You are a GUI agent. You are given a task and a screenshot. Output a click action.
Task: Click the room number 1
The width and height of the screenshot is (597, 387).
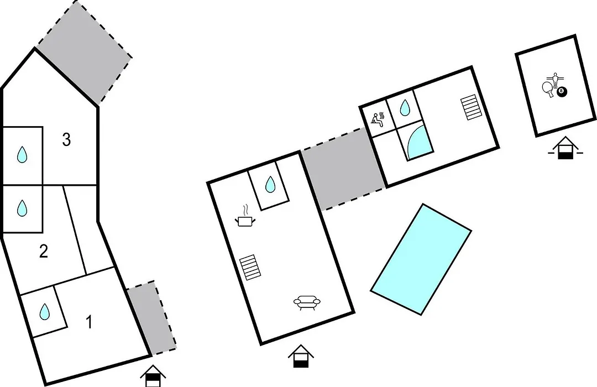click(x=89, y=322)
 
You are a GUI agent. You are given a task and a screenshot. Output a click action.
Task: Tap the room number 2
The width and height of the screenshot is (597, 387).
click(x=44, y=252)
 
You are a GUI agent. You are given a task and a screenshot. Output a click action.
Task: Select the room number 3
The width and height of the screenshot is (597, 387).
click(x=66, y=140)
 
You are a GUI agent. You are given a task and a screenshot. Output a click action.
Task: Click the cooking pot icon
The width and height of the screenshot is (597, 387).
click(x=245, y=217)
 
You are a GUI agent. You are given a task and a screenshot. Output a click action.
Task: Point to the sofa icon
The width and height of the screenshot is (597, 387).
click(x=307, y=302)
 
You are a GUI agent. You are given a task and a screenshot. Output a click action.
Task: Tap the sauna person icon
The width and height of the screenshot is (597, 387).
click(x=378, y=119)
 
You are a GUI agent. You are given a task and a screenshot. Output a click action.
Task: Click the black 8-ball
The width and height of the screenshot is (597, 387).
click(x=562, y=92)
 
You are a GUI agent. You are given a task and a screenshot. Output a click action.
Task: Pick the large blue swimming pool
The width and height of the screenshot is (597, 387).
click(x=421, y=259)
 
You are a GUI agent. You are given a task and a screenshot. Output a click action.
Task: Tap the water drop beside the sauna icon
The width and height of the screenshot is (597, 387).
click(x=405, y=108)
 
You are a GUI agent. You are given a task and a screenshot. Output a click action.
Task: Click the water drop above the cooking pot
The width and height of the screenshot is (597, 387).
click(x=270, y=184)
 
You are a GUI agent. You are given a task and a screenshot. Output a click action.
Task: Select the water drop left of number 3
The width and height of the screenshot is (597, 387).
click(x=22, y=155)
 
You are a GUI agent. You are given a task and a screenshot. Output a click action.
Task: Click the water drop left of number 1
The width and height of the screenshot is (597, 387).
click(x=45, y=312)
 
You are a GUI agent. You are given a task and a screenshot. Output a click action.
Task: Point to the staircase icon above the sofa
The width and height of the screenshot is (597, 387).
click(x=250, y=268)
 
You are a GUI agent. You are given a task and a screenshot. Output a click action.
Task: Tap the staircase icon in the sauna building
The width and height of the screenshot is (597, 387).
click(x=472, y=107)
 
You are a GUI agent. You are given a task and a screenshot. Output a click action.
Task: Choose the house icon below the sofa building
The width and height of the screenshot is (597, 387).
click(x=301, y=356)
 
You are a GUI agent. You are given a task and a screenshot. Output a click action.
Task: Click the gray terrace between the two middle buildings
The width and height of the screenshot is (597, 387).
click(x=343, y=169)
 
